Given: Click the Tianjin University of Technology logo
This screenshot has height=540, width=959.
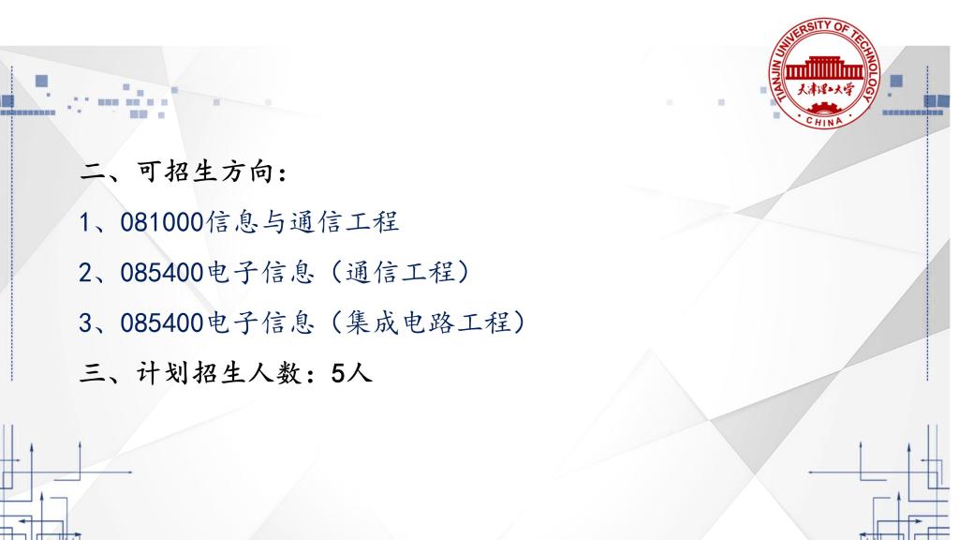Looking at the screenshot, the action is pos(824,73).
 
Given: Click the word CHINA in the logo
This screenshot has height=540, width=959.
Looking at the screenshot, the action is pos(824,121).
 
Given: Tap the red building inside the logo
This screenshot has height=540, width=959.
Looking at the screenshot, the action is pos(824,68).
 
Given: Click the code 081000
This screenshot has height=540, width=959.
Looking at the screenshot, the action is pos(161,222).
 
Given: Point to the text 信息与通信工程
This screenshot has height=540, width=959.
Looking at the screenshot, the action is pos(302,221).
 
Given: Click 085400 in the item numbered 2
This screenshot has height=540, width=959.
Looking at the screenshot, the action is pos(161,273).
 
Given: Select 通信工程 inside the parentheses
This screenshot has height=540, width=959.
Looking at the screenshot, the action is pos(400,272).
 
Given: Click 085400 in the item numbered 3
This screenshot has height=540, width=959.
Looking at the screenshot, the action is pos(161,322).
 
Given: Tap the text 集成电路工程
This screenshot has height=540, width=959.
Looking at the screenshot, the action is pos(428,322).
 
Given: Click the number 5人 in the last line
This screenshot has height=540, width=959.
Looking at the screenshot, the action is pos(351,373).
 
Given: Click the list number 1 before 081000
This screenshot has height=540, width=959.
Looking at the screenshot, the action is pos(85,222).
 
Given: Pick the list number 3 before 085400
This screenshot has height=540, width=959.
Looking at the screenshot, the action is pos(85,322).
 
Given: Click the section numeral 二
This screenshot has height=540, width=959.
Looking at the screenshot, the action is pos(93,172).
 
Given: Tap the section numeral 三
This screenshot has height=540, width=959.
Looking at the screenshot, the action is pos(93,373).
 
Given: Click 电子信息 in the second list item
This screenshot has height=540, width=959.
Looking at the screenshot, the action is pos(260,272).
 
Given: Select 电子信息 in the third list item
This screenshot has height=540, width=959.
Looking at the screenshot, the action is pos(260,322).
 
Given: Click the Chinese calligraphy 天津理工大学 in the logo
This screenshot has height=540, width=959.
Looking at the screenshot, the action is pos(824,90).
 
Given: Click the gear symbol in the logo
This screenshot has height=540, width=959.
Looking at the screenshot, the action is pos(824,109).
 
